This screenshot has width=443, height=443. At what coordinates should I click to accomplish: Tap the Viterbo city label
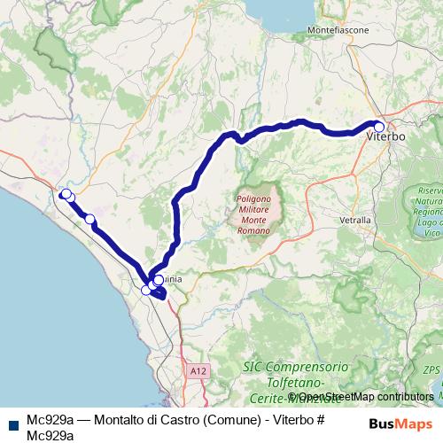(385, 137)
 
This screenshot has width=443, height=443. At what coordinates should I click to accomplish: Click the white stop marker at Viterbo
(379, 127)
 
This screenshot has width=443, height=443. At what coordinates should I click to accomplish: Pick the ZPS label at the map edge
(431, 369)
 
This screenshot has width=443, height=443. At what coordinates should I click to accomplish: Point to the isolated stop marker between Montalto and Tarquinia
(89, 219)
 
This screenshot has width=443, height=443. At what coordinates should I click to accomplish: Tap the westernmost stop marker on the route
(64, 194)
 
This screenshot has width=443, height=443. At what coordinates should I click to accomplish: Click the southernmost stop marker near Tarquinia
(146, 290)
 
